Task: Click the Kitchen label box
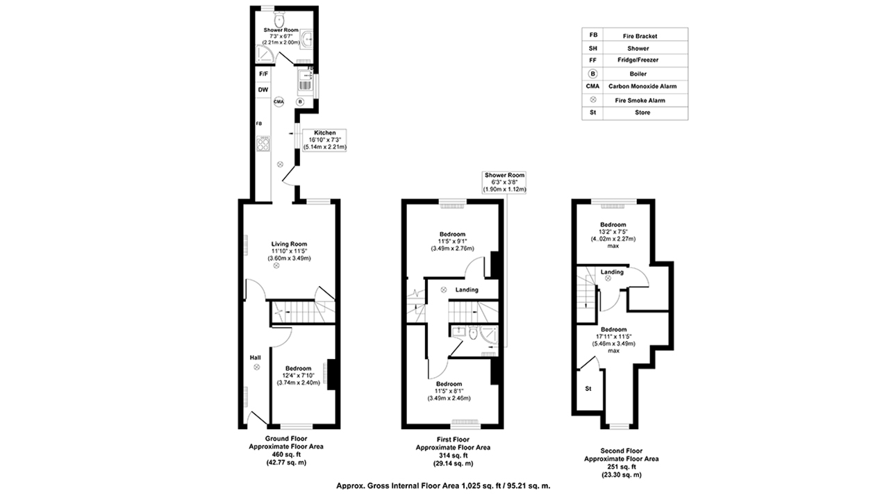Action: [x=324, y=140]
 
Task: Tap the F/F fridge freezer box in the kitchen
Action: [x=263, y=74]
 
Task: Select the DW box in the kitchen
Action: [x=263, y=90]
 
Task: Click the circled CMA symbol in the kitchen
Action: [x=279, y=101]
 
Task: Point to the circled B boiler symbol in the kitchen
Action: [x=300, y=101]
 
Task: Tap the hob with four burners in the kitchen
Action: [x=264, y=144]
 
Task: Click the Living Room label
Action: [x=289, y=244]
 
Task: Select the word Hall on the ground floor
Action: [x=255, y=357]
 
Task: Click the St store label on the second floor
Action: [x=588, y=388]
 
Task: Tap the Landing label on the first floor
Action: [x=467, y=290]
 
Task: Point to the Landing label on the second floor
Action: [x=612, y=272]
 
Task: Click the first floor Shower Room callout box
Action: [x=505, y=182]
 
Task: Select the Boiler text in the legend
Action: [x=637, y=74]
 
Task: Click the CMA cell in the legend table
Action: [x=592, y=87]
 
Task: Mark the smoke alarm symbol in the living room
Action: [x=276, y=265]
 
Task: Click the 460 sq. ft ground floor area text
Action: [x=286, y=454]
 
